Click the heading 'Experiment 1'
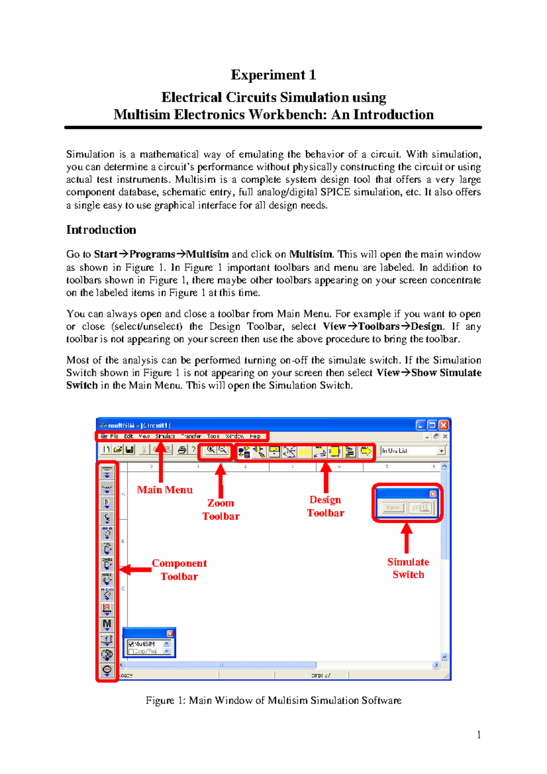coord(273,75)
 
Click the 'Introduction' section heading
coord(101,230)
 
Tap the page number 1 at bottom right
coord(479,734)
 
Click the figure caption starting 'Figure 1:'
coord(273,700)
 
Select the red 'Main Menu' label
coord(165,490)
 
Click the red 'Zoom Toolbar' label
coord(221,510)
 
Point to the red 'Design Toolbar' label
coord(325,506)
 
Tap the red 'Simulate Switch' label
coord(408,568)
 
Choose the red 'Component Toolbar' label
coord(179,570)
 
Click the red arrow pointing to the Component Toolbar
coord(135,569)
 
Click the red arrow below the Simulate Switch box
coord(407,538)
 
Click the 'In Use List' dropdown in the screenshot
coord(413,451)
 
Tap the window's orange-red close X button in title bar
coord(444,425)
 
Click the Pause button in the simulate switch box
coord(393,507)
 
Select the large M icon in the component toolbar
coord(107,624)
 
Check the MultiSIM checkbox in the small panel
coord(131,644)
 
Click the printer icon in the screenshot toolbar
coord(182,450)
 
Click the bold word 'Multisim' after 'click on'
coord(311,254)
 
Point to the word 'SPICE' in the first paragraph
coord(335,192)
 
